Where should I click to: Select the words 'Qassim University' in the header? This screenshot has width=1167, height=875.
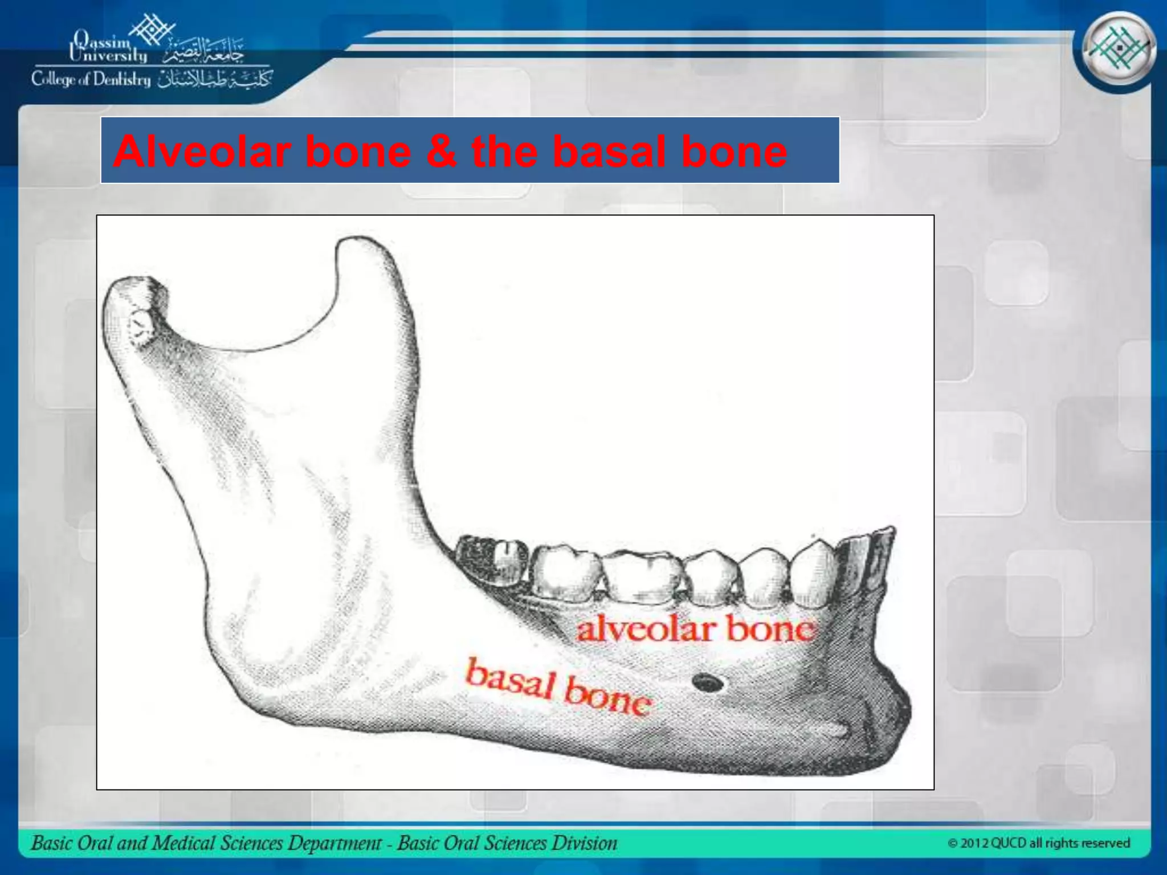pyautogui.click(x=108, y=48)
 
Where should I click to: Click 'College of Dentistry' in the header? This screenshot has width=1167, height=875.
pyautogui.click(x=91, y=79)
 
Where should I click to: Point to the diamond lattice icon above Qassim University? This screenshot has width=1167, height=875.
pyautogui.click(x=152, y=28)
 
